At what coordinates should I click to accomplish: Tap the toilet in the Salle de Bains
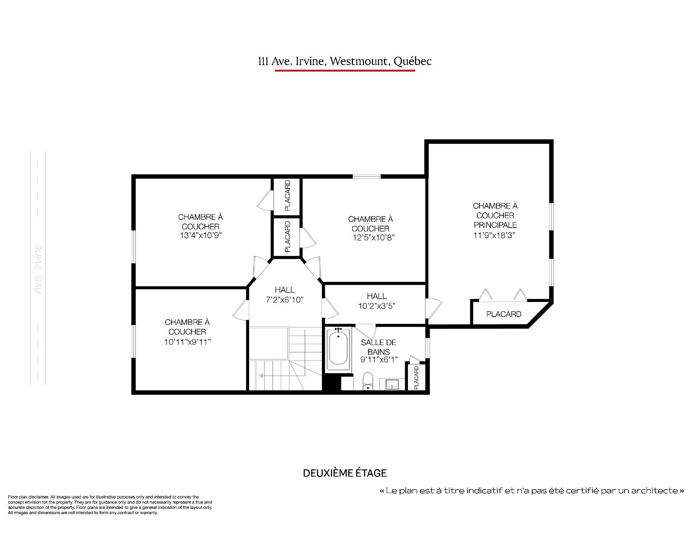click(x=367, y=381)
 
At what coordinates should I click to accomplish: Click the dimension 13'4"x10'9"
click(x=200, y=235)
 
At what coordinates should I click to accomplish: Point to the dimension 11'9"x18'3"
click(x=495, y=235)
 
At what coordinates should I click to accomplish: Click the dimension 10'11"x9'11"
click(x=187, y=341)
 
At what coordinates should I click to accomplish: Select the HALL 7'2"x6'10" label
click(x=285, y=295)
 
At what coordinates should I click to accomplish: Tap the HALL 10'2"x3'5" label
click(x=377, y=301)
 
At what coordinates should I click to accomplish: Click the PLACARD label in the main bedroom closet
click(x=503, y=314)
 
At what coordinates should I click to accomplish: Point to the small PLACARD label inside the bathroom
click(x=417, y=378)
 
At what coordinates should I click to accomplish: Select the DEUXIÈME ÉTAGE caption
click(x=345, y=473)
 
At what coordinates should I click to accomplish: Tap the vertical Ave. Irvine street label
click(x=38, y=269)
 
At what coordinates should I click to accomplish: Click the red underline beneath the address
click(x=345, y=70)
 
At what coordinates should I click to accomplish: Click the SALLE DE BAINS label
click(x=378, y=347)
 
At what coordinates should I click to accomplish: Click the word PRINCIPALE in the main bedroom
click(x=495, y=225)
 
